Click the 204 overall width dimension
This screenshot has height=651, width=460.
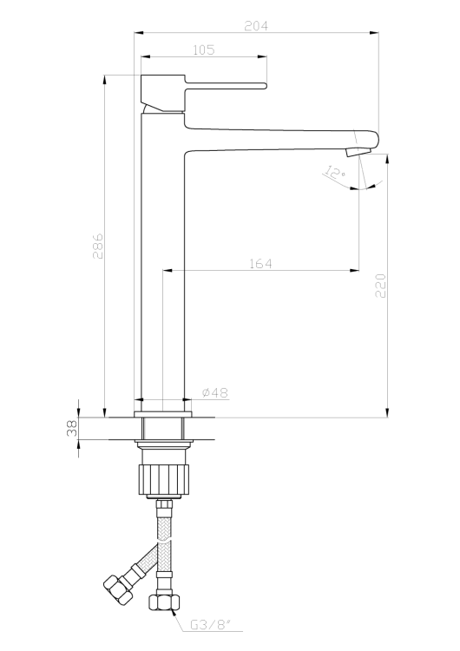tap(256, 26)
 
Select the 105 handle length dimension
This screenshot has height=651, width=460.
tap(202, 50)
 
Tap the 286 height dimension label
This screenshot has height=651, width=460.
tap(98, 246)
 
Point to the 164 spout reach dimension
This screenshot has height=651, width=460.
tap(260, 263)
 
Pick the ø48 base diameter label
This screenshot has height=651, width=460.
tap(215, 393)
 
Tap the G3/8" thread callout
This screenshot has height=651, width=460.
tap(208, 624)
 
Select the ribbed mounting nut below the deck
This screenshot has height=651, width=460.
tap(162, 479)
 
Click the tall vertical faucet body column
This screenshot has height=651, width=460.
tap(162, 260)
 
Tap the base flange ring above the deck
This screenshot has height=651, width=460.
tap(162, 406)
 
